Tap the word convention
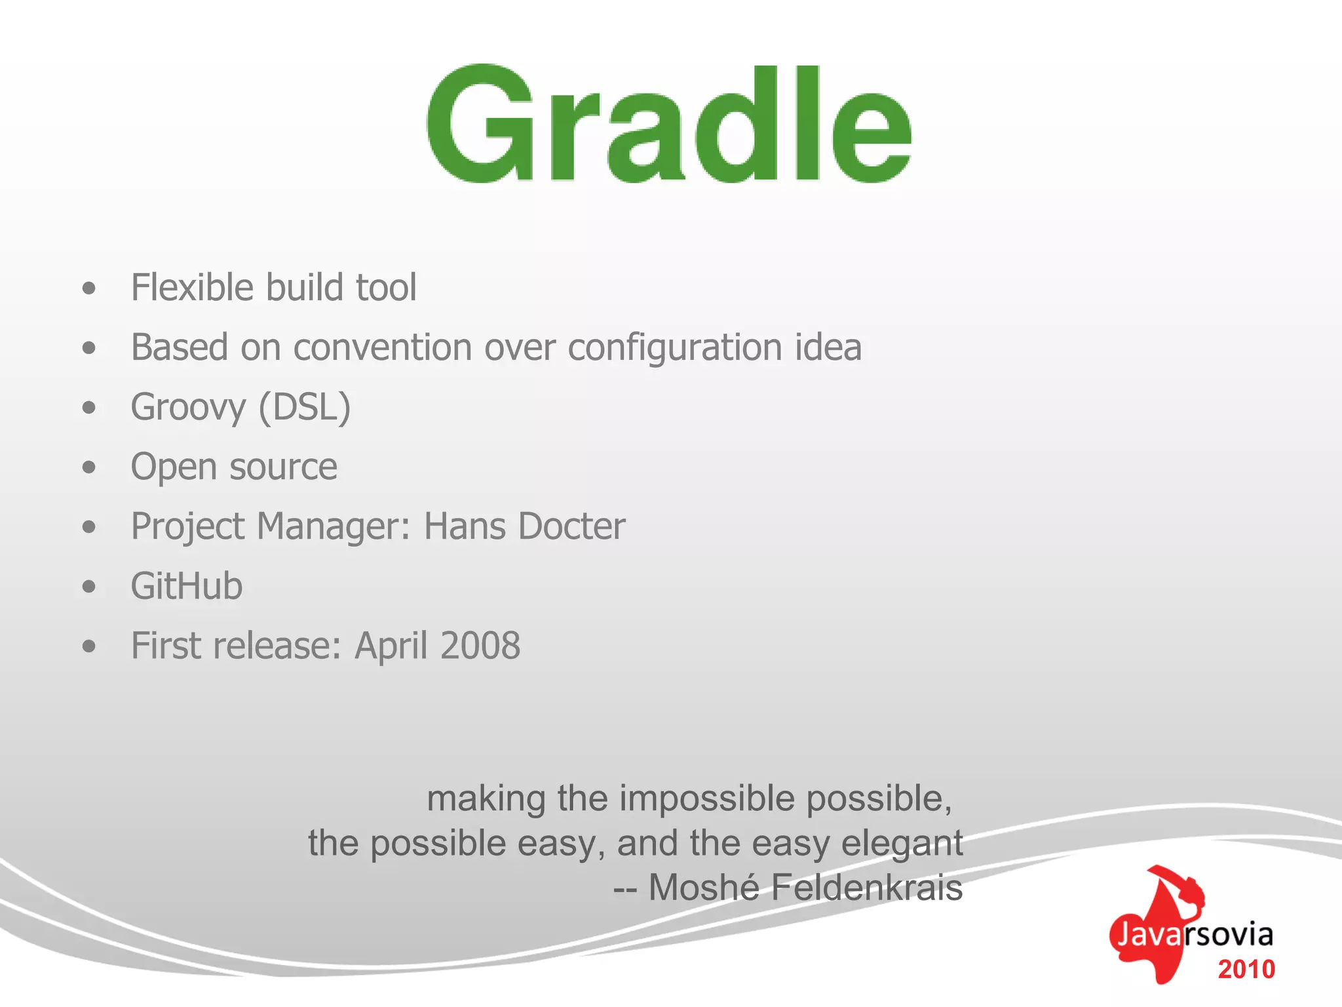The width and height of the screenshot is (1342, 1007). coord(382,347)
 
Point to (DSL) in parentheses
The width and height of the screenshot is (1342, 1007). coord(305,408)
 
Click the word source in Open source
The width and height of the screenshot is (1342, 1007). coord(283,467)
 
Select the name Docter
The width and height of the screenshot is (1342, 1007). coord(571,526)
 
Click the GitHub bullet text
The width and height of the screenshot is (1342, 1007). coord(187,586)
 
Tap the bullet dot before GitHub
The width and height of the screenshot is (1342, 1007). coord(89,587)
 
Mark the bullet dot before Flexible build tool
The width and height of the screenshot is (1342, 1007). coord(89,288)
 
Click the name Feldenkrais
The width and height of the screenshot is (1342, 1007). coord(866,888)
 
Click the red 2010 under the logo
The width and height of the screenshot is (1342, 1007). coord(1246,970)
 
